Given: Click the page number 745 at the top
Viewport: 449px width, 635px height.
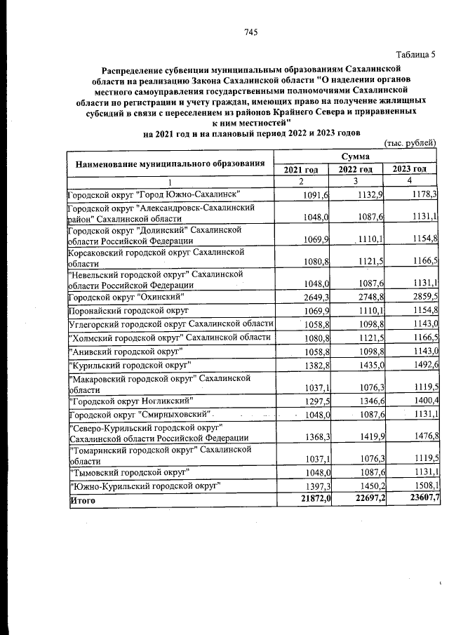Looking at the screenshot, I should pos(251,32).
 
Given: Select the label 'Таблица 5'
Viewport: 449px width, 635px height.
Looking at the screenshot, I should pos(415,54).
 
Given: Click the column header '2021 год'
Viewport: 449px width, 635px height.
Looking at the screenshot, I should pos(301,169).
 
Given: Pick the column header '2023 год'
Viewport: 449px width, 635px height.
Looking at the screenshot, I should pos(409,169).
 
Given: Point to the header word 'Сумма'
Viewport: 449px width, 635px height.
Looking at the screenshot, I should pos(356,156).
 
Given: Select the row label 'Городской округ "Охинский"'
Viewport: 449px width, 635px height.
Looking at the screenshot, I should pos(126,297).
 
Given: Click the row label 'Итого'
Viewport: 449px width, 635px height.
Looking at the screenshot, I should pos(81,500).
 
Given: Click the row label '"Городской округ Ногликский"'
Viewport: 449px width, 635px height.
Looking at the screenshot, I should pos(130,401).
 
